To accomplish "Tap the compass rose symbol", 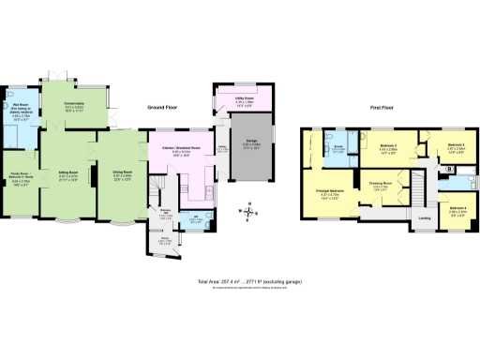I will [247, 212].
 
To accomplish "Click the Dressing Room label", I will [380, 182].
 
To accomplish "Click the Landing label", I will [425, 220].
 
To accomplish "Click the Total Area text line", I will [239, 280].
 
